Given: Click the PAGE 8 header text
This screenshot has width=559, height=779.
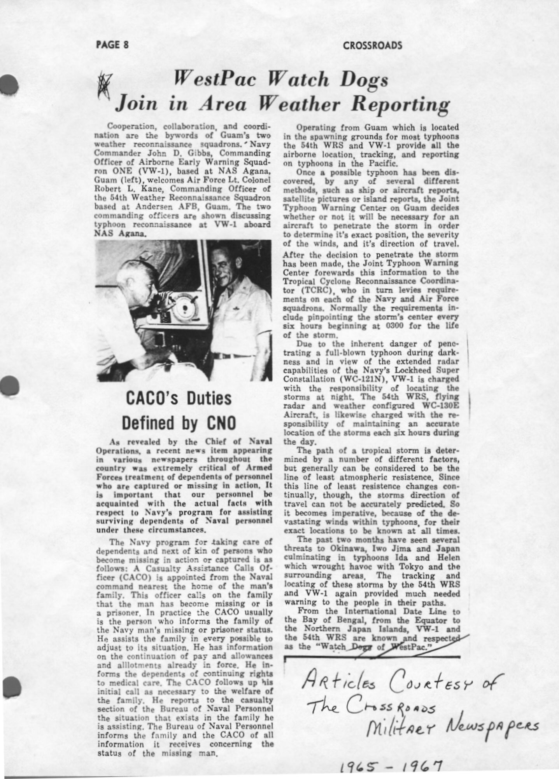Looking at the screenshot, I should [x=112, y=45].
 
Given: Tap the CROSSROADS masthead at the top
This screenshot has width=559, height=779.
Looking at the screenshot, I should [x=372, y=46].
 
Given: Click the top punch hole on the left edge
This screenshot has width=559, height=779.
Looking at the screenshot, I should [x=9, y=83].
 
